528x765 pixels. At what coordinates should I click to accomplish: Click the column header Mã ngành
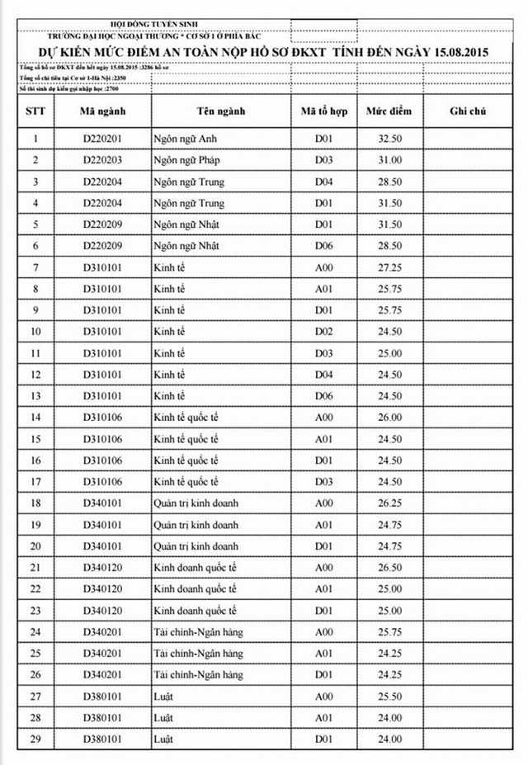102,111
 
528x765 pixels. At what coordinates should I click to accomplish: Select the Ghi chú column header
469,111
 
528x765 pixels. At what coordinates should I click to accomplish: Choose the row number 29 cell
35,739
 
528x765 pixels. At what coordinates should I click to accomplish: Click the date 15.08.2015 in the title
453,52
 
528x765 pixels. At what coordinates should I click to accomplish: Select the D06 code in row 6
323,246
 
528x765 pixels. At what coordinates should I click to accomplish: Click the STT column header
35,111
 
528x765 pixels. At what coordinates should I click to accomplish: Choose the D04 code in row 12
323,375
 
